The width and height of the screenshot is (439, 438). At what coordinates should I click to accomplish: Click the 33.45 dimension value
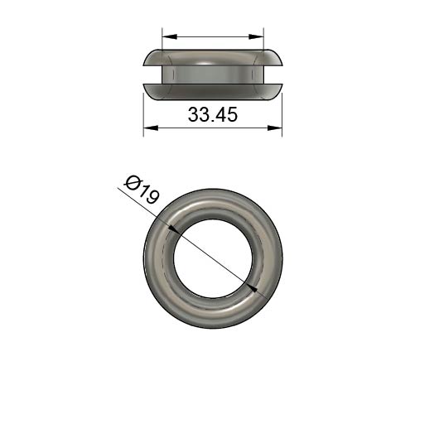tap(213, 114)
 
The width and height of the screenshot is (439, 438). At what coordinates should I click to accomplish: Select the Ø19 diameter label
tap(142, 190)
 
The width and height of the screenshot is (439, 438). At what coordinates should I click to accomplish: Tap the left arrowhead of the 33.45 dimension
tap(151, 128)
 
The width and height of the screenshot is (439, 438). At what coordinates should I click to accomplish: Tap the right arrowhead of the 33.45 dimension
tap(275, 128)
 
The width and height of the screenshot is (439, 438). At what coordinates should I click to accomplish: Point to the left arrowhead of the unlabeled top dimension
tap(170, 36)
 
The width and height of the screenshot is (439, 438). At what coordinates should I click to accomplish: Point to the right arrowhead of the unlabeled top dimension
tap(256, 36)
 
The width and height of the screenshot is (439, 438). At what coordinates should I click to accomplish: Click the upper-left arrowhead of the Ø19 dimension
tap(174, 229)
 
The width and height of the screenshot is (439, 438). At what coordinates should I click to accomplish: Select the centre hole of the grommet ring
tap(213, 258)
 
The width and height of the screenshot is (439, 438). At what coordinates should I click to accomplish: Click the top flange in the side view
tap(213, 58)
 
